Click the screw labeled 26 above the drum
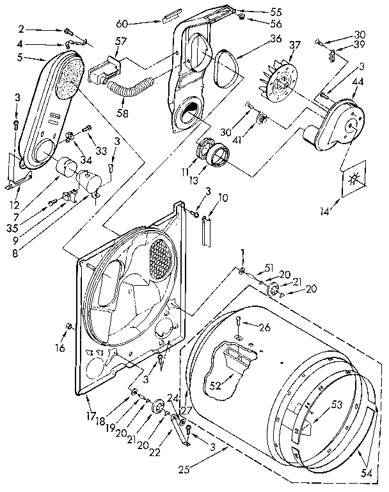point(238,321)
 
